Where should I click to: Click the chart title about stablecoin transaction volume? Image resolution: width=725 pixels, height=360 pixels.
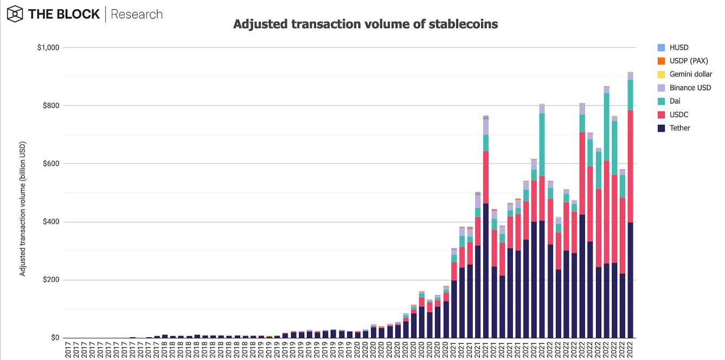[x=365, y=24]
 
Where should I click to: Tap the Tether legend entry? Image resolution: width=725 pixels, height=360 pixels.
[x=680, y=128]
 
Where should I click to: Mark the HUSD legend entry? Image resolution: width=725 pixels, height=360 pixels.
[x=679, y=48]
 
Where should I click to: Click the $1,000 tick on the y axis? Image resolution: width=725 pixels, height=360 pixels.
[x=48, y=48]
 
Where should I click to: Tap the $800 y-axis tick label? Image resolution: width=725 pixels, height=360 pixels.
[x=51, y=106]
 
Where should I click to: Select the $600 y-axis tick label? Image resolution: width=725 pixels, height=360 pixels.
[x=51, y=164]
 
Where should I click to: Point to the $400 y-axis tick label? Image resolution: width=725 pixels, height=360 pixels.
[x=51, y=222]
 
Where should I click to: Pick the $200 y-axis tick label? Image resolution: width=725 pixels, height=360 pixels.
[x=51, y=280]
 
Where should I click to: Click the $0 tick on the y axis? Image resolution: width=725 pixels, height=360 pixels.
[x=55, y=338]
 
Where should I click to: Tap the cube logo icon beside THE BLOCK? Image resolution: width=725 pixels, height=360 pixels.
[x=15, y=14]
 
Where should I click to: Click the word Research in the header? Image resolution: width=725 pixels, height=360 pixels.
[x=137, y=14]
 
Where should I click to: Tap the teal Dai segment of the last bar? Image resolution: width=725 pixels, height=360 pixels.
[x=631, y=95]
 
